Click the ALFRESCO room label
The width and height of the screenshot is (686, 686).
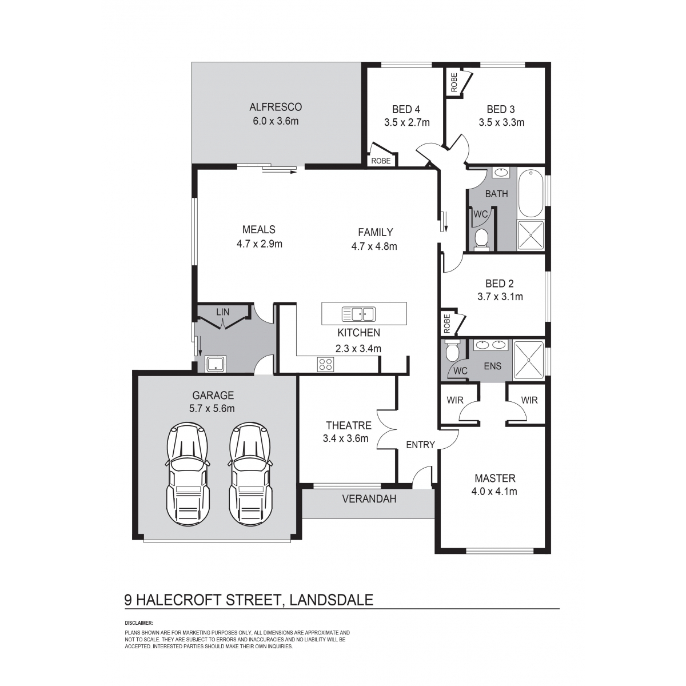(276, 107)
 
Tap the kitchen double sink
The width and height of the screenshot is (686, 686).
(358, 314)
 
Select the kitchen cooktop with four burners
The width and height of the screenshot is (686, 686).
(325, 364)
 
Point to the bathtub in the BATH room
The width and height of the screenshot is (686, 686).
(531, 194)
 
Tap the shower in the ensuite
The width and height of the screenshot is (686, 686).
(529, 360)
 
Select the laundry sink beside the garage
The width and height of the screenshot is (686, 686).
(216, 364)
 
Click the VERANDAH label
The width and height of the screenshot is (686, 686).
(369, 498)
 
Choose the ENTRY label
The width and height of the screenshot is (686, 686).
(420, 445)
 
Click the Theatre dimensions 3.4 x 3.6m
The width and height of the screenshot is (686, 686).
(345, 438)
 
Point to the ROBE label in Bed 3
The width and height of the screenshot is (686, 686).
(454, 82)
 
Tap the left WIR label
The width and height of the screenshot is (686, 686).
(455, 400)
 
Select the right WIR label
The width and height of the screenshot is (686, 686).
(529, 400)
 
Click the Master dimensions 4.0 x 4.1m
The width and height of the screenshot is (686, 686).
(494, 492)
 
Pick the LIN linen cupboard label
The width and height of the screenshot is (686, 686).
(223, 312)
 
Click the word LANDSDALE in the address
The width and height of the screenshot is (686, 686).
(332, 600)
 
